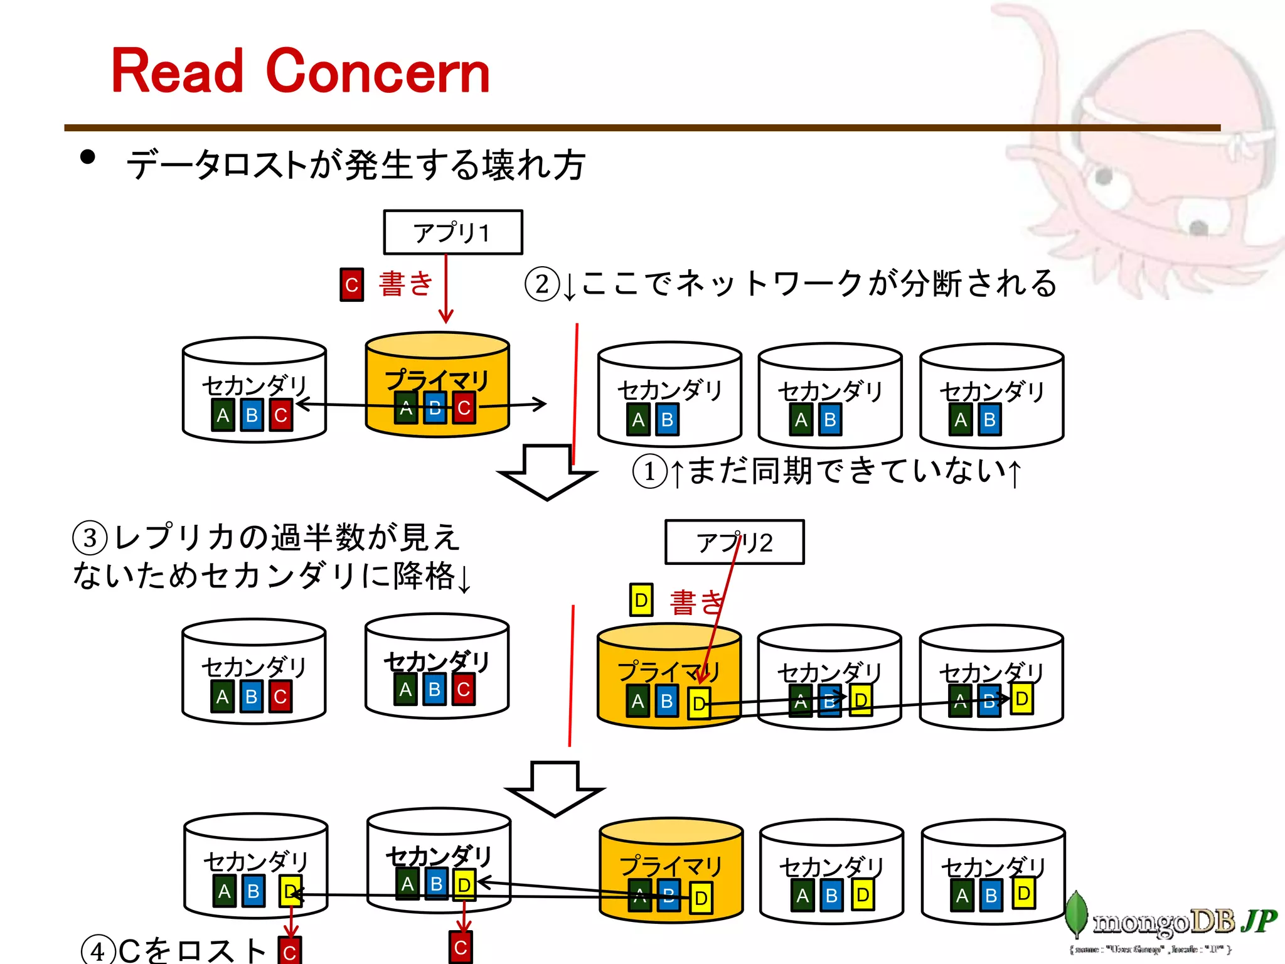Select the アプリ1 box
point(452,232)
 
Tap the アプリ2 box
point(734,542)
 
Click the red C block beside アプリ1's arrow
point(351,285)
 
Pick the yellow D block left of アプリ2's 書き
point(641,600)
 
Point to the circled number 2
point(542,284)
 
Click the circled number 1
point(649,471)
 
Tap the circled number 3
point(90,538)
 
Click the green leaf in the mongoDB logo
point(1077,913)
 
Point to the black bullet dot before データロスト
point(88,157)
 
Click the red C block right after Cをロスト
point(290,951)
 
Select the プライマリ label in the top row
point(437,380)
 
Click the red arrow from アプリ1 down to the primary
point(445,289)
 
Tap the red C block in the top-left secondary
point(280,415)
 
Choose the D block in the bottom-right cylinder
point(1023,894)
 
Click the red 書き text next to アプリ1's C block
point(406,284)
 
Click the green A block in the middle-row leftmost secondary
point(223,697)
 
